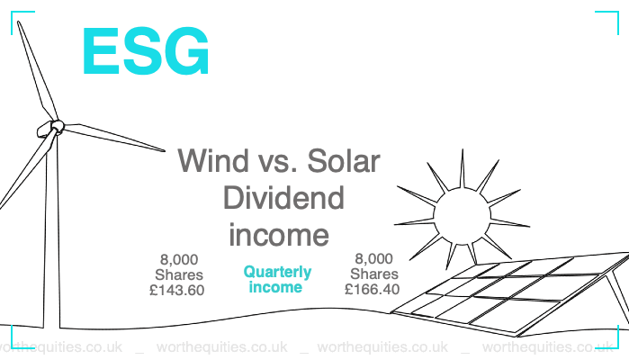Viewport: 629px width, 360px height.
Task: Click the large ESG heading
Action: (146, 50)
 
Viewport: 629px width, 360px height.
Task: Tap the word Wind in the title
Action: (213, 160)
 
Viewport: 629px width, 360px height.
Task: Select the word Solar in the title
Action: (344, 160)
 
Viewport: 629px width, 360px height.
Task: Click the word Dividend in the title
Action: (283, 197)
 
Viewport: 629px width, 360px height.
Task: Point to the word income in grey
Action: (279, 235)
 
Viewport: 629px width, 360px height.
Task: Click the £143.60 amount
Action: (177, 290)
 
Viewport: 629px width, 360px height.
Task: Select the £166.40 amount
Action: (373, 289)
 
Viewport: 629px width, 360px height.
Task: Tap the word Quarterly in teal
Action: (277, 273)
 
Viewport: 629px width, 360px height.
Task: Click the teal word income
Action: (275, 287)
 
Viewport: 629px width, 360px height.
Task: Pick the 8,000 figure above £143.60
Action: (179, 260)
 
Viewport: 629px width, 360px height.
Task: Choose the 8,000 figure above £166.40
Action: (373, 259)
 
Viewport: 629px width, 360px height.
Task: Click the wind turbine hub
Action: (56, 127)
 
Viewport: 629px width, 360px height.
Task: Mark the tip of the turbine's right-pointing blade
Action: (165, 150)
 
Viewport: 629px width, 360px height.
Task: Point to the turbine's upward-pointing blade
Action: (37, 70)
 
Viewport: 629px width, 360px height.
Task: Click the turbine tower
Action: (51, 233)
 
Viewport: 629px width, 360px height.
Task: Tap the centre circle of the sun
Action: (463, 216)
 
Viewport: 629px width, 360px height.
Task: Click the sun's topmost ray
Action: (463, 168)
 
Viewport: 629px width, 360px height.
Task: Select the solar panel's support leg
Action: (618, 297)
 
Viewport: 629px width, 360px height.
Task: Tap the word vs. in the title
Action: (278, 161)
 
